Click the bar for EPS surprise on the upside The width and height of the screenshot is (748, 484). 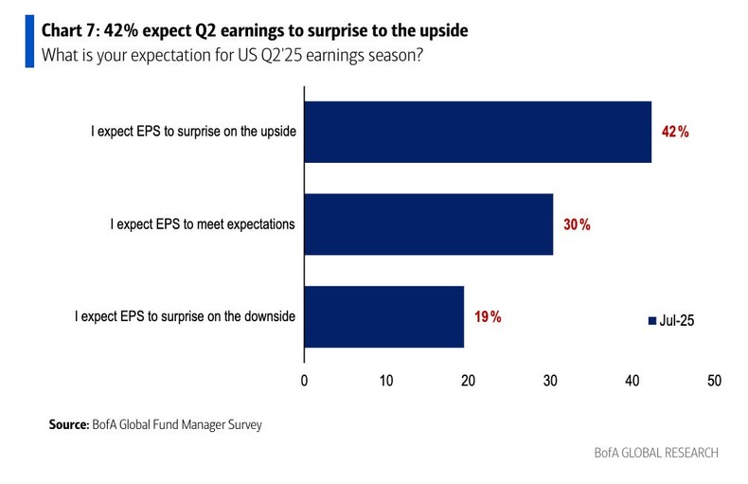coord(478,132)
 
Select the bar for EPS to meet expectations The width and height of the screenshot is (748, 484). coord(428,224)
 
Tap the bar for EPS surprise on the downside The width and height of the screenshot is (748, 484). coord(383,316)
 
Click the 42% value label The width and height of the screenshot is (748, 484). coord(675,132)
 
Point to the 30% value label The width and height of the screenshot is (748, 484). coord(577,224)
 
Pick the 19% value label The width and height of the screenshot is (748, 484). coord(488,316)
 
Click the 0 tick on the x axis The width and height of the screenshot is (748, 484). coord(304,381)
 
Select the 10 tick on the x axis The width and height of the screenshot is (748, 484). coord(386,381)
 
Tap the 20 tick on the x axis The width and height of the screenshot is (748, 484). coord(468,381)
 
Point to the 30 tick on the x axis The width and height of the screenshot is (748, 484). coord(550,381)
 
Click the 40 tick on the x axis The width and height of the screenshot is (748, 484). coord(632,381)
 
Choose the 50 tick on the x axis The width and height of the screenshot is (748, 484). coord(714,381)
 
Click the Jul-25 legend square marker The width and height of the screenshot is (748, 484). coord(651,321)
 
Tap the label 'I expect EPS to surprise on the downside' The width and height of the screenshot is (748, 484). coord(186,316)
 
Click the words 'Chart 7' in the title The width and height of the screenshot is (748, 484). coord(74,31)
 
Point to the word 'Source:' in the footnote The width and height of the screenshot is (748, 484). coord(69,425)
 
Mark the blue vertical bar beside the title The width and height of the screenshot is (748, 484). coord(29,42)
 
